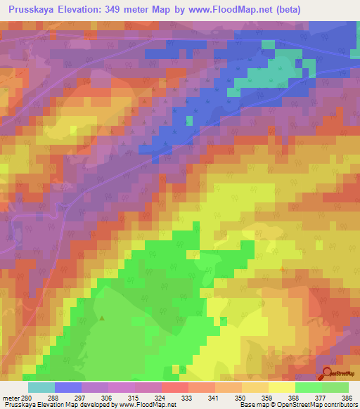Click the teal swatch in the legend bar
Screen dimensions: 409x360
point(41,387)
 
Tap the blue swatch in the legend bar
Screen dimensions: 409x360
point(68,387)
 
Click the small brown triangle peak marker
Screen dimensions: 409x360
point(103,318)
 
